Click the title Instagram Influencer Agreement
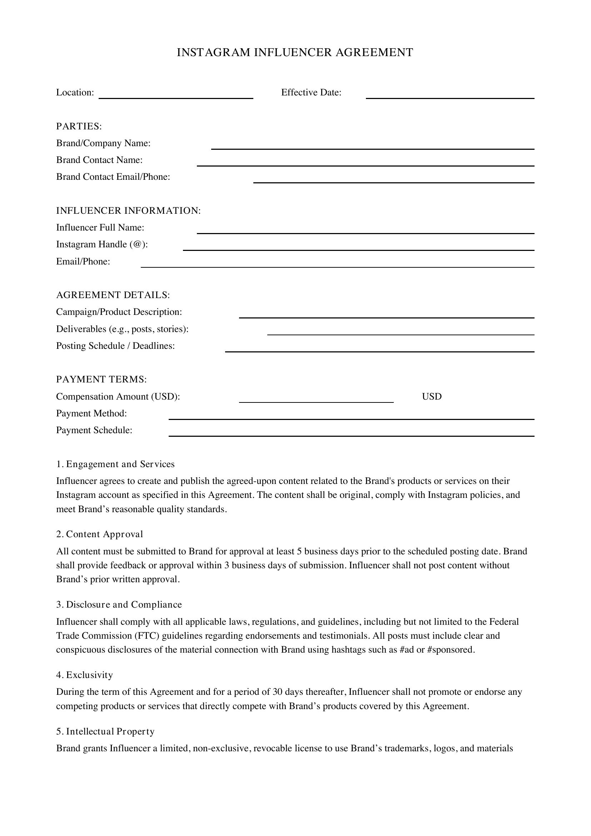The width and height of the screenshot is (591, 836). click(295, 53)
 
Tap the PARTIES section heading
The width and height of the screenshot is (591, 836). click(79, 126)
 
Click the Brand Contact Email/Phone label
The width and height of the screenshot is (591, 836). click(113, 177)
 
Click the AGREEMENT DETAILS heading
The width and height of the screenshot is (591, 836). click(113, 295)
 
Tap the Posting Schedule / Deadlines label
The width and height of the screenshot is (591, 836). click(115, 346)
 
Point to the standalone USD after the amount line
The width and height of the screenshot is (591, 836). click(432, 396)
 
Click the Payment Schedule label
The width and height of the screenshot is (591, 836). click(94, 430)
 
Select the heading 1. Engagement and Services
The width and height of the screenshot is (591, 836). click(115, 464)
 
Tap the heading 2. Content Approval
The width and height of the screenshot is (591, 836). click(100, 534)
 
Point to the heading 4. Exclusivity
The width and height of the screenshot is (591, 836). click(84, 675)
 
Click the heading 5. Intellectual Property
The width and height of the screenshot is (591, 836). click(105, 732)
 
